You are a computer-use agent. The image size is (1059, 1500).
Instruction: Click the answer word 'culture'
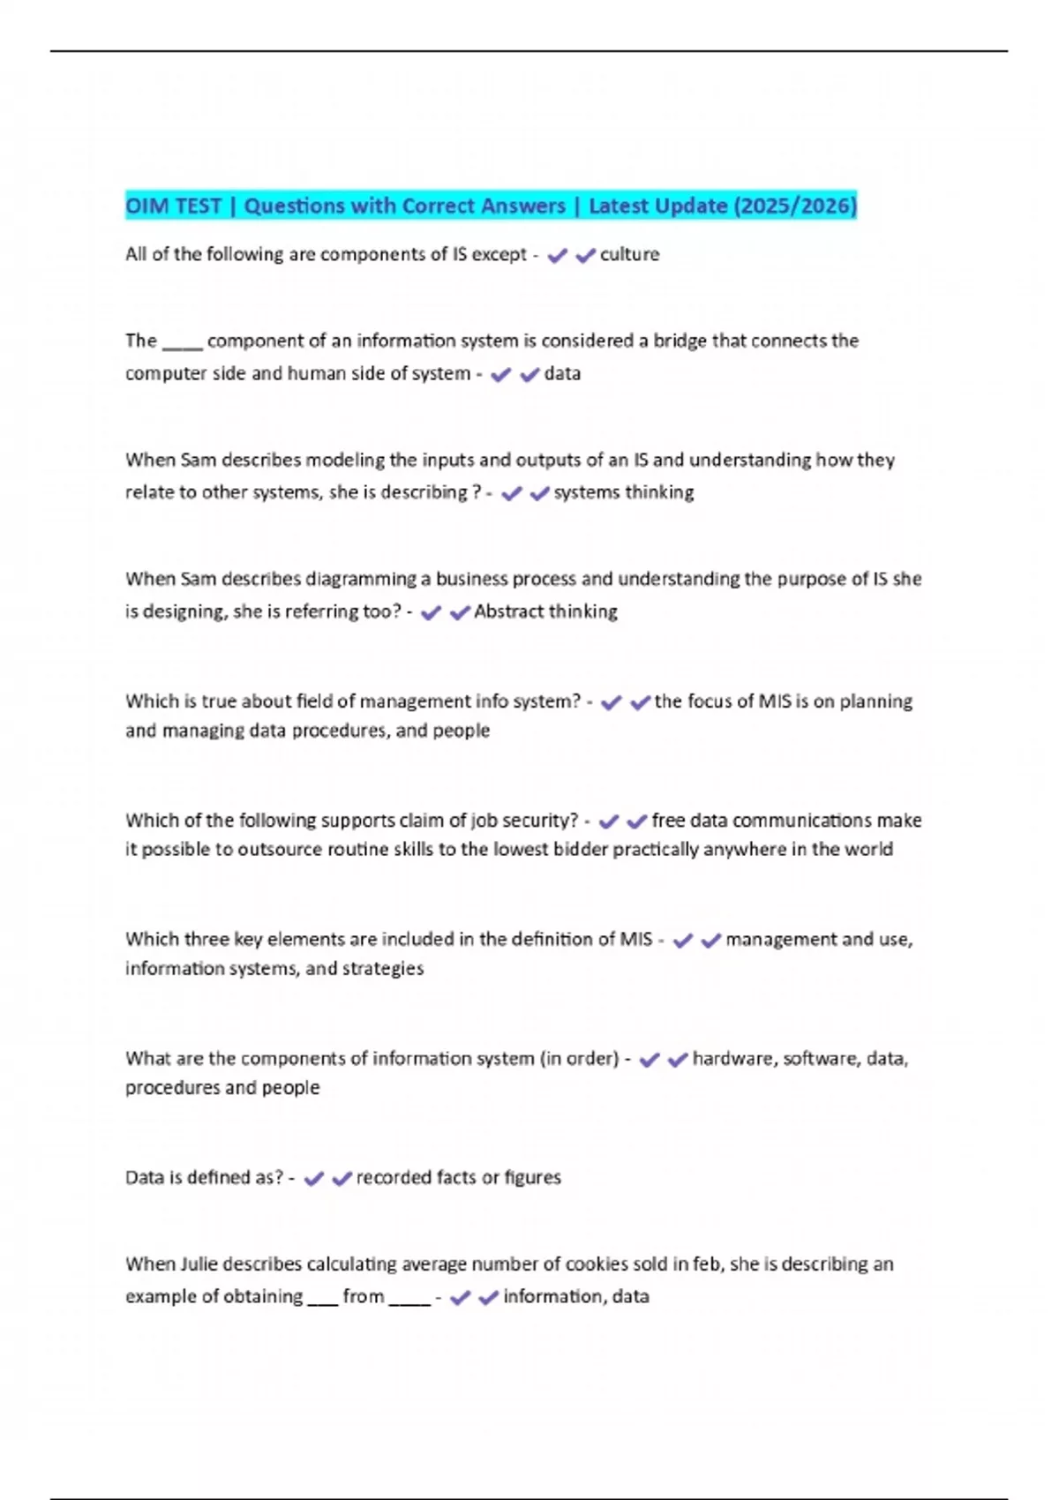629,255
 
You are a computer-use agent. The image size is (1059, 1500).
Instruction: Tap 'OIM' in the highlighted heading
147,206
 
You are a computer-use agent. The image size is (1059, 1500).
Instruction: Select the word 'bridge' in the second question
680,341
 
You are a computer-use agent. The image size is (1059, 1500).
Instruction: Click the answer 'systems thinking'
623,492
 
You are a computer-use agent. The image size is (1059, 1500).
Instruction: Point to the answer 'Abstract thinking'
545,611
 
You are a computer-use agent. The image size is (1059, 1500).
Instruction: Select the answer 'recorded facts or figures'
458,1178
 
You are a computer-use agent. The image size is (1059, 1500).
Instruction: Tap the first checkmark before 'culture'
557,256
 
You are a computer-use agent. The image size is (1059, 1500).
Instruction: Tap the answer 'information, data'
575,1297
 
